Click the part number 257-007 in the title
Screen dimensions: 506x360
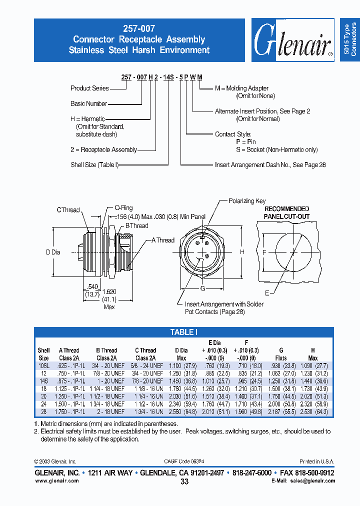click(x=139, y=29)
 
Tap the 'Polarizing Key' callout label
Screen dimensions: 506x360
click(x=247, y=201)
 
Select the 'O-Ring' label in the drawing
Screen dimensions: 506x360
click(x=123, y=208)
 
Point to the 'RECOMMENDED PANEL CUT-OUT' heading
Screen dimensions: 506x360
click(x=286, y=212)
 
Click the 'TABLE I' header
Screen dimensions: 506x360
click(x=184, y=332)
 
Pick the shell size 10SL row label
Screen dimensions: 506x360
click(x=43, y=365)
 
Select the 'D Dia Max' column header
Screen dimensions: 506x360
click(x=181, y=354)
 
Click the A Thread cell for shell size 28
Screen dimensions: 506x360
click(x=71, y=411)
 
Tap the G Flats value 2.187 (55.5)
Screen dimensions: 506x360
click(x=281, y=411)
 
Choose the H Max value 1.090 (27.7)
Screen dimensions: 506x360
click(x=313, y=365)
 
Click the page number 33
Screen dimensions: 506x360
click(x=184, y=481)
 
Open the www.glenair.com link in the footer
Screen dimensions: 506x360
click(x=56, y=480)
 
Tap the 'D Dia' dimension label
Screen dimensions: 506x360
click(x=53, y=252)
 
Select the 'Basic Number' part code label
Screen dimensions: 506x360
click(x=88, y=104)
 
